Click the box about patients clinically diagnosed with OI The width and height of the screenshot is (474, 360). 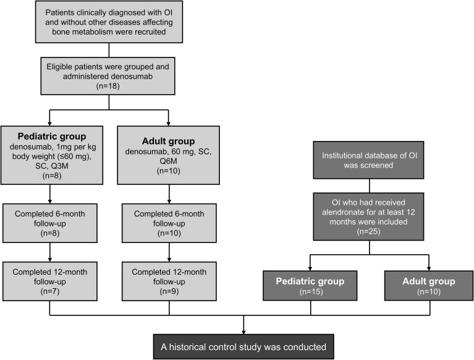(109, 22)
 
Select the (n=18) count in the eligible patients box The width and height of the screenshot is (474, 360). (108, 86)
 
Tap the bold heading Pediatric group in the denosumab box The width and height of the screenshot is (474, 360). (52, 137)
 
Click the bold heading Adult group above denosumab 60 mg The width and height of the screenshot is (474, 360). (168, 141)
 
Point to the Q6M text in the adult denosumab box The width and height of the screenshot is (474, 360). (168, 161)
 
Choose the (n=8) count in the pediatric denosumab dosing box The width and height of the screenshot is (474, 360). (52, 176)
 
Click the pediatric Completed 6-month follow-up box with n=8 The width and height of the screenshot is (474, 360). (50, 223)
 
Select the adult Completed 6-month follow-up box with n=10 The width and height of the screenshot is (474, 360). (169, 223)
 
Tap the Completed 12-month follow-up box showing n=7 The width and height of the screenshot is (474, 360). (50, 281)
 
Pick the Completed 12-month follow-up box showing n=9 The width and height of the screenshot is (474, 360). (169, 281)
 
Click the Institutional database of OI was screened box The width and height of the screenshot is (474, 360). (368, 160)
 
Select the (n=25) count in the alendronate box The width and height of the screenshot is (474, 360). (368, 231)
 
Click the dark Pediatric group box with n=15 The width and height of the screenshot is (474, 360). (310, 286)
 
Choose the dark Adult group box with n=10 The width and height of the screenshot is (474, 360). (429, 286)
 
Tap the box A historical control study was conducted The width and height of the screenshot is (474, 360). (243, 346)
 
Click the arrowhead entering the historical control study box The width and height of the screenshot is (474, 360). (243, 332)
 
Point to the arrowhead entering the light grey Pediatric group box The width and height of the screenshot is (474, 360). (50, 124)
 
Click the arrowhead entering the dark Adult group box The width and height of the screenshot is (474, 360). (429, 268)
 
